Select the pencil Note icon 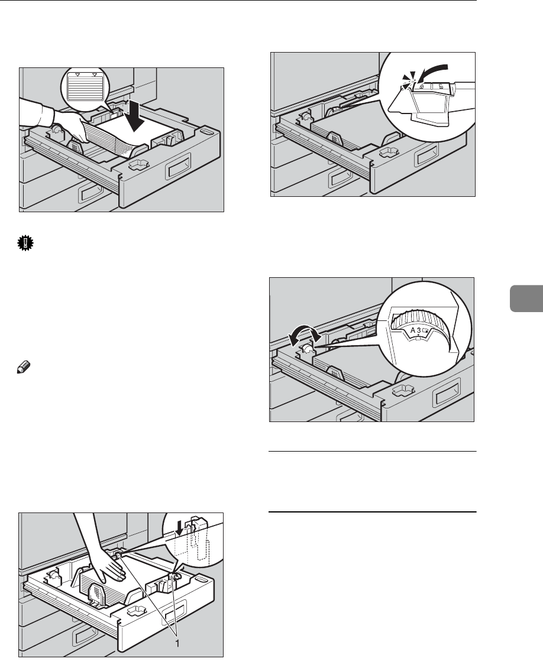coord(22,367)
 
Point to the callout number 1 coord(177,643)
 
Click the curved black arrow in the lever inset coord(432,72)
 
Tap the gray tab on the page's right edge coord(526,299)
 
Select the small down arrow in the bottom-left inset coord(180,528)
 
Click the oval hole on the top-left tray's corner coord(205,132)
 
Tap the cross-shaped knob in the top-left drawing coord(137,164)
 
